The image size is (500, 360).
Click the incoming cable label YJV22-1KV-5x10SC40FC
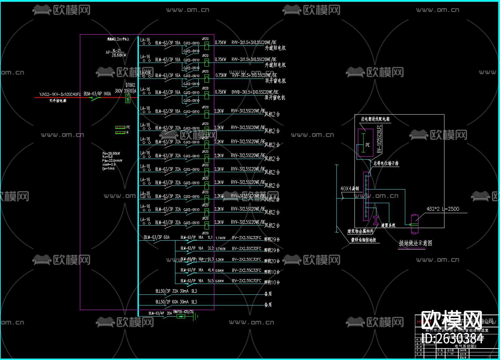pos(60,94)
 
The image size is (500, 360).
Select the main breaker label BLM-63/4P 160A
pos(97,94)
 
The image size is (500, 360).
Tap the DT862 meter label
pos(130,85)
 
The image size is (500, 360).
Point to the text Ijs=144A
pos(108,168)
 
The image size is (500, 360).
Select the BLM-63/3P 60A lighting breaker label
pos(157,237)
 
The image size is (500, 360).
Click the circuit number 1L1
pos(210,237)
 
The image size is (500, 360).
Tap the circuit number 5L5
pos(210,281)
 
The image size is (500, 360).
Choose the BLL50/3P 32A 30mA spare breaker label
pos(176,291)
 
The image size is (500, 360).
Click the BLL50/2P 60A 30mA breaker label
pos(176,302)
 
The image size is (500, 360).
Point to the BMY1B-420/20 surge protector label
pos(183,312)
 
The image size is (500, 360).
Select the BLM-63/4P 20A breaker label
pos(160,313)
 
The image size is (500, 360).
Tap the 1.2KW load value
pos(220,260)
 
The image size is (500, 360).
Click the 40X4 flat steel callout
pos(350,189)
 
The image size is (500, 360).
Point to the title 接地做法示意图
pos(416,243)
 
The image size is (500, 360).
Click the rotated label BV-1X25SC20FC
pos(379,140)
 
